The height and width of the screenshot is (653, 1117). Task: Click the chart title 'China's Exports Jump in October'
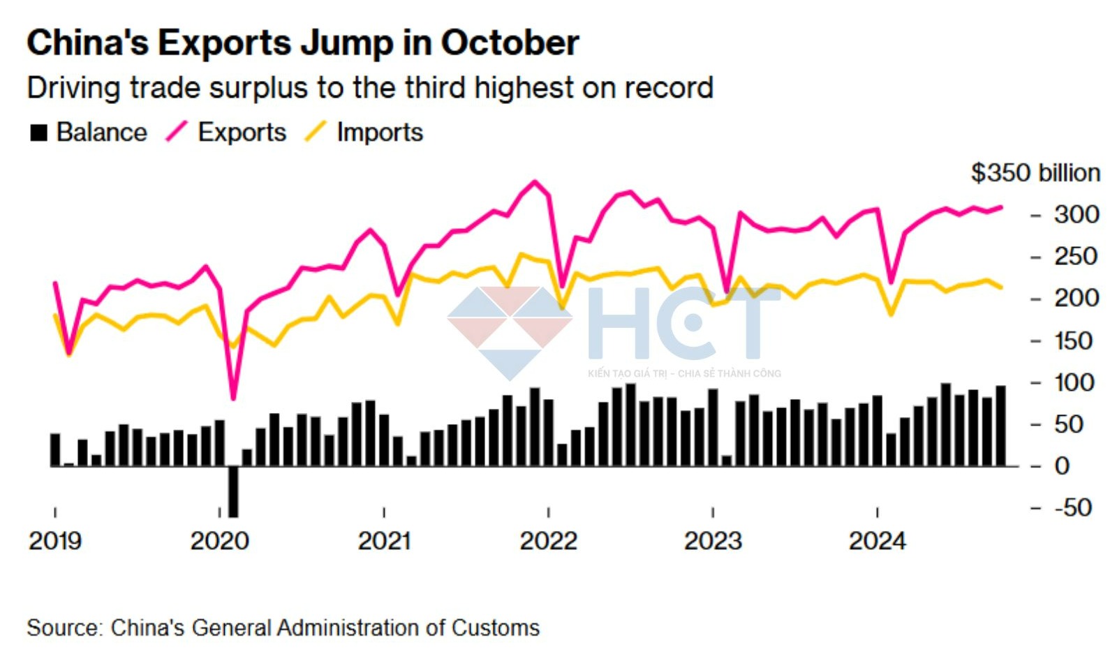pos(302,43)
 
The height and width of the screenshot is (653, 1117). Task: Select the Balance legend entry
pos(88,133)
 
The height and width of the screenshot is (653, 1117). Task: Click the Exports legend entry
pos(226,133)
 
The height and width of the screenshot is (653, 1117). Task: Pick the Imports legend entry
pos(364,133)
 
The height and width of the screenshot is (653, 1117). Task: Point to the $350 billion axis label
pos(1035,173)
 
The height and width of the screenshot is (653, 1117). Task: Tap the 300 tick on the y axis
pos(1076,215)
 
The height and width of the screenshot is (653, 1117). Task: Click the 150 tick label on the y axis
pos(1073,341)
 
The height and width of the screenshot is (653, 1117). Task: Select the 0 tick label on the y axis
pos(1062,466)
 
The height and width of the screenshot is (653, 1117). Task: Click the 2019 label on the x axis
pos(55,541)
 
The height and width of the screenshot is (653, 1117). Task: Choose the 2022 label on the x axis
pos(548,541)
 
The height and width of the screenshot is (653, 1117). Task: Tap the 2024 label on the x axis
pos(877,541)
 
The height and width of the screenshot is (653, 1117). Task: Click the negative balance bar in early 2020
pos(233,491)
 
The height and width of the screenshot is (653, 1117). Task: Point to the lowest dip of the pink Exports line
pos(233,398)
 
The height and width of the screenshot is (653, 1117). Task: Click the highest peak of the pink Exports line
pos(535,182)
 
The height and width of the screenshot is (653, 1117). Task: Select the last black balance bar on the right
pos(1000,426)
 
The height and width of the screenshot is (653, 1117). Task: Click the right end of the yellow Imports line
pos(1001,287)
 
